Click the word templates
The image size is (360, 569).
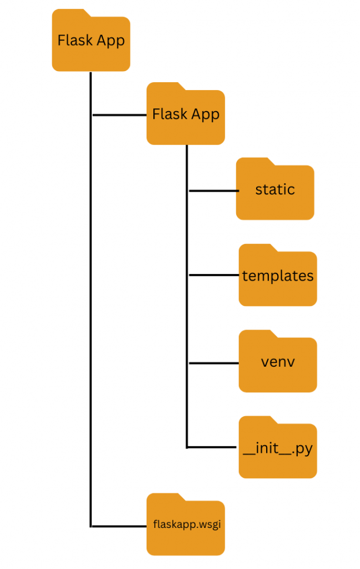point(278,276)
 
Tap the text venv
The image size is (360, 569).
point(278,362)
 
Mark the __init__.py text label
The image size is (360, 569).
point(278,448)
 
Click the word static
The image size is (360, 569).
point(275,189)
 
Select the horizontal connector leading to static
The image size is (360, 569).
point(214,191)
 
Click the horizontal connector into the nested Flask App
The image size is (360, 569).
point(119,115)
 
